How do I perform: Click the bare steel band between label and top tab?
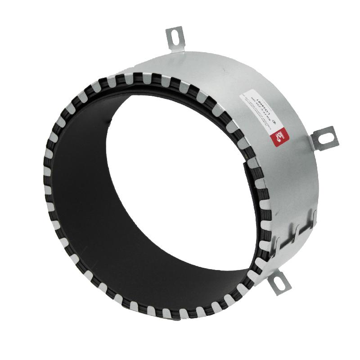(211, 67)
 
